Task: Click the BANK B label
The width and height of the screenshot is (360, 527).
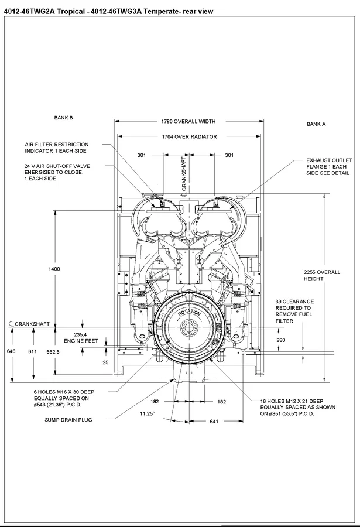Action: (63, 118)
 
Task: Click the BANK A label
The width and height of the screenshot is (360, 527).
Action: (316, 124)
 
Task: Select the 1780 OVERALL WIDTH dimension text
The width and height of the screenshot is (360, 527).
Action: (188, 122)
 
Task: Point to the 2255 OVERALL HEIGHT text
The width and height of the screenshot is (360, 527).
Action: (322, 275)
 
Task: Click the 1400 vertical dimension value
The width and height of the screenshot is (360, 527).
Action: (54, 269)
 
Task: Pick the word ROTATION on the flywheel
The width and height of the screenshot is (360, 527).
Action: (189, 313)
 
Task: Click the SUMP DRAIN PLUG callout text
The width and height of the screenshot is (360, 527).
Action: (69, 420)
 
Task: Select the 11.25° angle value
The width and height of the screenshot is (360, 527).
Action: (147, 413)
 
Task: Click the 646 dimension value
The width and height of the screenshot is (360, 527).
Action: (11, 351)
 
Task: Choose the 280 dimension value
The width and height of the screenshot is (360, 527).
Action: (281, 340)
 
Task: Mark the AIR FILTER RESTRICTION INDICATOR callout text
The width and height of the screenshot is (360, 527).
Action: (57, 148)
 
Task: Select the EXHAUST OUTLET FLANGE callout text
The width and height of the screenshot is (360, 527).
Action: (329, 167)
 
